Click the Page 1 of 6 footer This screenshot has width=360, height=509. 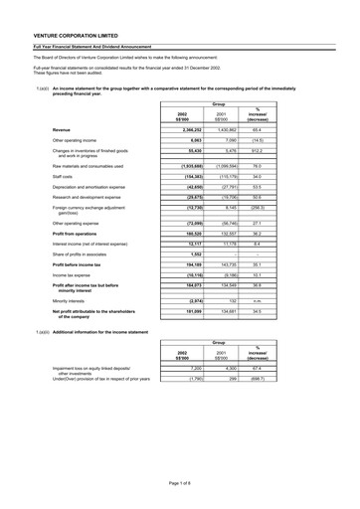(x=179, y=482)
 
